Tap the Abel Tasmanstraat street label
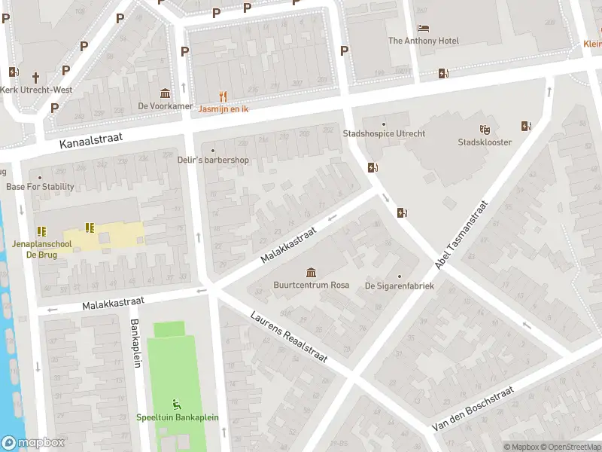click(x=463, y=235)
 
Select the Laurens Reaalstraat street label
click(x=289, y=337)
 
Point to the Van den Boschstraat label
click(x=473, y=409)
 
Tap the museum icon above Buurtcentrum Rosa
click(x=311, y=272)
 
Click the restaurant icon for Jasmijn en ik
click(x=223, y=96)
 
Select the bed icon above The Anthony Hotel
click(x=424, y=28)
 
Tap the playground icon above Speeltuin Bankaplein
click(x=178, y=404)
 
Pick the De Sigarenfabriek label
click(x=400, y=286)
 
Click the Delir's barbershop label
click(x=212, y=160)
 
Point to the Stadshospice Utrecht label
click(x=384, y=134)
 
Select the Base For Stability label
click(x=40, y=187)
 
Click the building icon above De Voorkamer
click(x=166, y=93)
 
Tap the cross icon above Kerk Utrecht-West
click(x=35, y=77)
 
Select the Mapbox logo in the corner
click(x=32, y=443)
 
